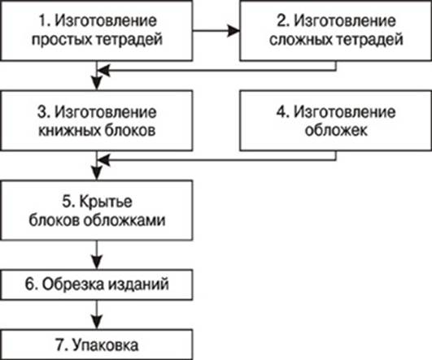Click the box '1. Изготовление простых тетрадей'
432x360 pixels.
97,30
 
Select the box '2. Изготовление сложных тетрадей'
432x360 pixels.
336,30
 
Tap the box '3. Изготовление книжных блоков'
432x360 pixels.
97,120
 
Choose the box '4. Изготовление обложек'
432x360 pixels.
336,120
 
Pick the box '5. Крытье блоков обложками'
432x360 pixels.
97,210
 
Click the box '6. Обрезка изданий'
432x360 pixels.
97,284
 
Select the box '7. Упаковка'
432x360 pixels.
97,345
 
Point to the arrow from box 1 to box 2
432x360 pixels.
216,30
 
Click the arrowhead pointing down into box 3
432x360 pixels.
97,83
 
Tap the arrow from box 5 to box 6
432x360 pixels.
97,255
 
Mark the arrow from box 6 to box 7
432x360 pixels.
97,314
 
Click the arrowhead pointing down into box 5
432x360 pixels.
97,173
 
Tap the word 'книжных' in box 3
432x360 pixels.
68,130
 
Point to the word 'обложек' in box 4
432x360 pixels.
336,130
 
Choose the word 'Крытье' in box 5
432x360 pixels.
106,202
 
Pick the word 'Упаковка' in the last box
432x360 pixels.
106,345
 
